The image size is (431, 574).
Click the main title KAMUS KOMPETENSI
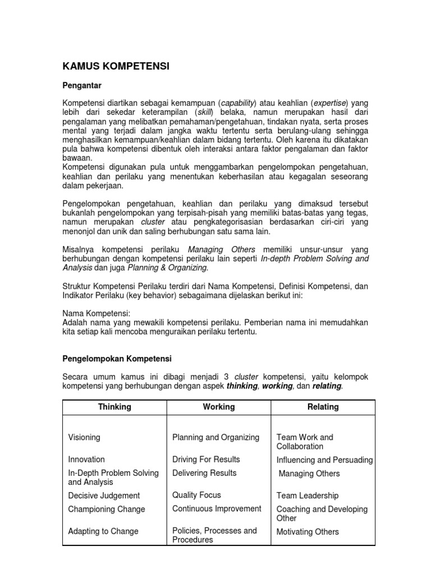pos(116,67)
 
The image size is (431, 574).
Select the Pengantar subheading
pos(81,86)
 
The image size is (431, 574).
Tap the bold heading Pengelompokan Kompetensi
pos(117,358)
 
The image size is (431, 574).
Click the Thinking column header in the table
pos(114,407)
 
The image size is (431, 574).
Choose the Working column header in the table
pos(219,407)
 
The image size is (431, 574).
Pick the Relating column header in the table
pos(323,407)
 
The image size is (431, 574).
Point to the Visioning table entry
pos(84,437)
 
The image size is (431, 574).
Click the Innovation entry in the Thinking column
pos(86,459)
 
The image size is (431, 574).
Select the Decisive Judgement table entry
pos(104,496)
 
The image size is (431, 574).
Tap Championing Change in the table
pos(107,509)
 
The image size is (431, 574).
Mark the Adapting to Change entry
pos(103,531)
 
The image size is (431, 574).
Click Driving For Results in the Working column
pos(206,459)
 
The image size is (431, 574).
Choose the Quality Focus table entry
pos(196,495)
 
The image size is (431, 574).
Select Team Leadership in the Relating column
pos(308,496)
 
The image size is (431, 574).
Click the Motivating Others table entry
pos(308,531)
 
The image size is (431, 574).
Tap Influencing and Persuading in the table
pos(324,460)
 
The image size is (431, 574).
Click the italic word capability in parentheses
pos(239,103)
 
